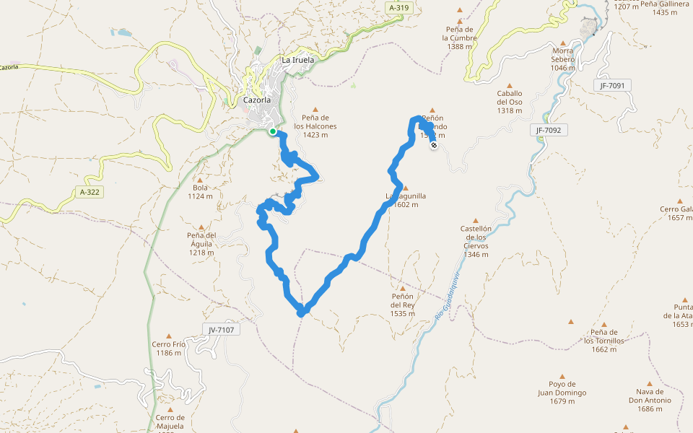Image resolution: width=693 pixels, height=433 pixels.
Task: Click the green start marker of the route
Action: pos(272,131)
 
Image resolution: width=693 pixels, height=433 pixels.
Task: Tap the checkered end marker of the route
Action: pos(434,146)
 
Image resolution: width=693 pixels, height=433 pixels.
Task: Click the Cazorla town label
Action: pos(256,100)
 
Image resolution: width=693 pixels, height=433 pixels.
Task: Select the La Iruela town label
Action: pos(297,60)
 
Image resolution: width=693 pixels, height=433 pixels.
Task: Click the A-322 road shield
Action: pos(90,192)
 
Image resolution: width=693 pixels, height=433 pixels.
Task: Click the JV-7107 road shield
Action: pos(221,330)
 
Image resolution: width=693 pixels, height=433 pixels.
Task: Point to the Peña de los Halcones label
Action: pos(316,126)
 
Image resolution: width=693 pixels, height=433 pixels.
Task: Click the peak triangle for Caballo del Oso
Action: pos(510,85)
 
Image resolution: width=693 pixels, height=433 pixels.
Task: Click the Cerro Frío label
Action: pos(169,349)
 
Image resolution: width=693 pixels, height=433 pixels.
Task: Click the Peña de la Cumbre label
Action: pos(460,38)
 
